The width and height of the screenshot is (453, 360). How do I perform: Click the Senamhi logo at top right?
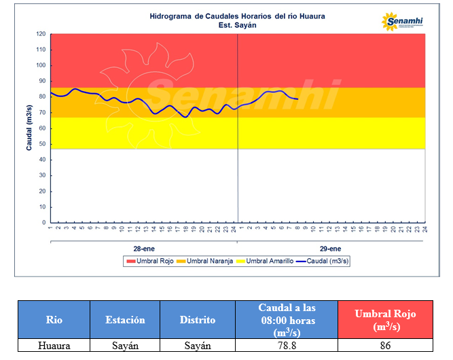click(x=403, y=22)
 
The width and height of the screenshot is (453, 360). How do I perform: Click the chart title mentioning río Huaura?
click(x=237, y=16)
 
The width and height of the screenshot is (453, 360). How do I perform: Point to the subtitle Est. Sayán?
click(x=237, y=25)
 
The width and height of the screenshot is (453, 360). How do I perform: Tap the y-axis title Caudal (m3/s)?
click(x=30, y=128)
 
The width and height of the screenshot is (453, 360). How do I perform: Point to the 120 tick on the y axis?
click(x=41, y=34)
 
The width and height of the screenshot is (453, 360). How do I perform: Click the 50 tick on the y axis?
click(x=42, y=144)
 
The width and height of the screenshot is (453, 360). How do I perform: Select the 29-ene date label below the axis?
click(x=331, y=249)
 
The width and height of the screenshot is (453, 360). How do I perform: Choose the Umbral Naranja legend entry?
click(x=208, y=262)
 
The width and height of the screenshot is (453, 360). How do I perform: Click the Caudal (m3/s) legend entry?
click(x=325, y=262)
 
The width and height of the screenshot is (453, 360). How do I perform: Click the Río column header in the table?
click(x=54, y=319)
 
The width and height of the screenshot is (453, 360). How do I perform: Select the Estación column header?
click(x=125, y=319)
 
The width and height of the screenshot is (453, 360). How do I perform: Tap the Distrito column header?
click(x=198, y=319)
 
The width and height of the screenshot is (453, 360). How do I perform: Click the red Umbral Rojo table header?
click(x=385, y=319)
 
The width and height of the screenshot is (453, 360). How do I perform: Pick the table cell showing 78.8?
click(x=286, y=345)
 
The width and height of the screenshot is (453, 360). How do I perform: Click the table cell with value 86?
click(x=385, y=345)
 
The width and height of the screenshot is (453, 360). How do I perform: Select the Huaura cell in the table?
click(x=54, y=345)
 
